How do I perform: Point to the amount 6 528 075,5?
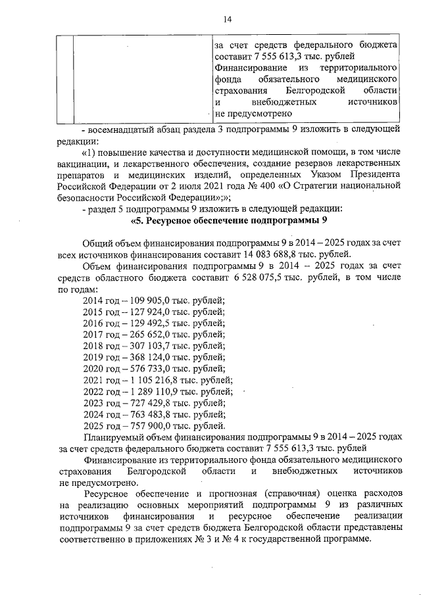(259, 278)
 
